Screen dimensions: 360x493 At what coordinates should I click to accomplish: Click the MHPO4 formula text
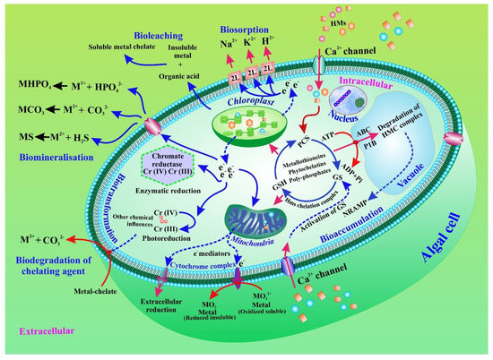(28, 85)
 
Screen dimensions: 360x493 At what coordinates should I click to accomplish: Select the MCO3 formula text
(26, 114)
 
